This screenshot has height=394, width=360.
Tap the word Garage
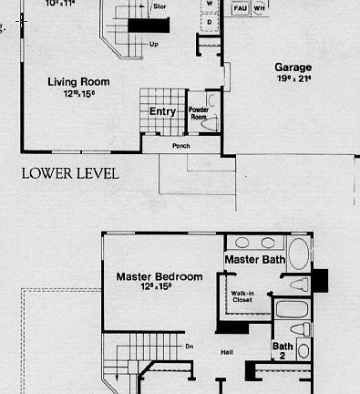[293, 67]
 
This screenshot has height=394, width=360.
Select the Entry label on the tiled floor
[162, 111]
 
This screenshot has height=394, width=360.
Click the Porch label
[181, 144]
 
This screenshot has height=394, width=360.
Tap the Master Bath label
[255, 260]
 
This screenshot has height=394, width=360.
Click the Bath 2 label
[282, 349]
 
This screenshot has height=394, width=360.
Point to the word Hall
[228, 350]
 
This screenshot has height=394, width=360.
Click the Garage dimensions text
[293, 79]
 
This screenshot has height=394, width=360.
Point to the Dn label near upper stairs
[190, 346]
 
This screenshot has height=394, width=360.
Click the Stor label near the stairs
[160, 5]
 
